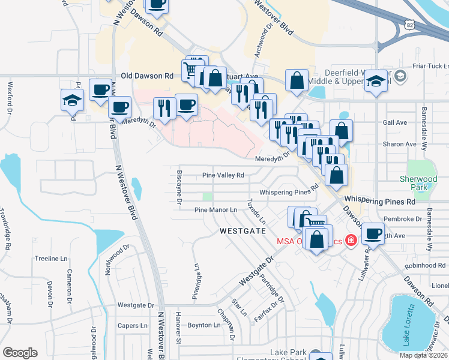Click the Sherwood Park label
pos(418,183)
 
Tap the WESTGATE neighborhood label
pos(242,230)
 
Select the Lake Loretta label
pos(409,325)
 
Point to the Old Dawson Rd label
pos(146,76)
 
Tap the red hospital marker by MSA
pos(349,241)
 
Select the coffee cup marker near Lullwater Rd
pos(373,234)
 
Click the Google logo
pos(20,353)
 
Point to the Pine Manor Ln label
pos(217,210)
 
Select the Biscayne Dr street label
pos(179,187)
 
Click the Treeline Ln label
pos(50,259)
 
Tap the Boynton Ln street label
pos(204,325)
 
